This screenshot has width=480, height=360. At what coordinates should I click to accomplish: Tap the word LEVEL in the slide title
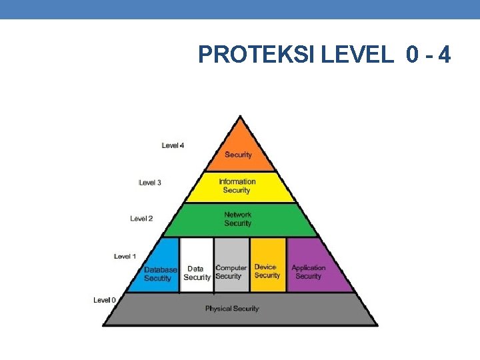click(357, 55)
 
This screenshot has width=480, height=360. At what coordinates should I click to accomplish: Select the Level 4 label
click(173, 145)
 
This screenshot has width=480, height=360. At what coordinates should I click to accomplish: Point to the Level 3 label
click(150, 182)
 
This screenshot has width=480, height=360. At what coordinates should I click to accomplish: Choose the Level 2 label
click(141, 218)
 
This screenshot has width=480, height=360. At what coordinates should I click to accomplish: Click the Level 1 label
click(125, 256)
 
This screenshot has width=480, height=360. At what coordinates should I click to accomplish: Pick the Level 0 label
click(105, 300)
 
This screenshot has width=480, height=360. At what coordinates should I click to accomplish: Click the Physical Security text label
click(231, 309)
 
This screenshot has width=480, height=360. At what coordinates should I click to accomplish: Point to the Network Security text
click(238, 219)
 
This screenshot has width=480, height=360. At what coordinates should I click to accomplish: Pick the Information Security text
click(237, 185)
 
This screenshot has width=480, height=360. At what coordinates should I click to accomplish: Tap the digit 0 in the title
click(412, 55)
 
